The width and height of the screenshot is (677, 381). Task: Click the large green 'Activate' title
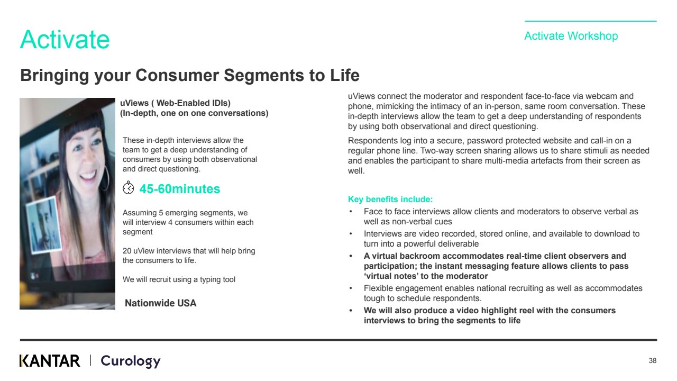[x=65, y=39]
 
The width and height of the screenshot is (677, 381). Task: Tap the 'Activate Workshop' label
[x=571, y=36]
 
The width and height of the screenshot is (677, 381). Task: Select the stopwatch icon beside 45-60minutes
[x=128, y=187]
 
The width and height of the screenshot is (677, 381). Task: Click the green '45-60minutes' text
[x=179, y=189]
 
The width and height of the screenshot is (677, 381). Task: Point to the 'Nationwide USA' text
[x=160, y=303]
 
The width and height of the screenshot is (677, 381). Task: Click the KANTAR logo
[x=50, y=361]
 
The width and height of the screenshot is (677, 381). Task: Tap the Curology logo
[x=131, y=361]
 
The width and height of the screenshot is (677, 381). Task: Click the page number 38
[x=652, y=361]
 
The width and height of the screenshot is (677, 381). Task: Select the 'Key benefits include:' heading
[x=390, y=199]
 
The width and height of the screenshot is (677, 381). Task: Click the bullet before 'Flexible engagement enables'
[x=351, y=288]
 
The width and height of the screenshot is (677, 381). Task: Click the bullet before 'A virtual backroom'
[x=351, y=256]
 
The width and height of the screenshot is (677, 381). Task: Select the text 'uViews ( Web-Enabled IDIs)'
[x=175, y=103]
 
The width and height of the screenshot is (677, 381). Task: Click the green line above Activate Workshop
[x=591, y=21]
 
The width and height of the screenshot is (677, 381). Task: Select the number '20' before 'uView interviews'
[x=126, y=251]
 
